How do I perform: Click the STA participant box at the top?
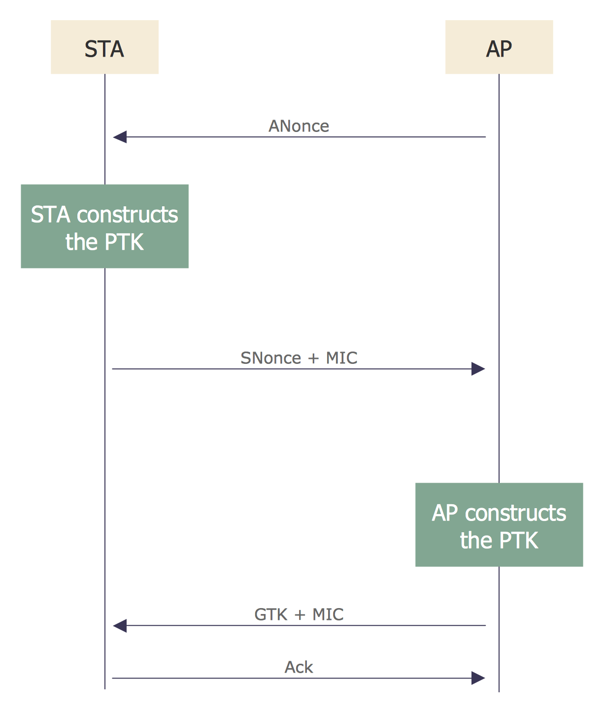[104, 47]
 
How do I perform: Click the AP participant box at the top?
[499, 47]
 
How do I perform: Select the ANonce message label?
[299, 126]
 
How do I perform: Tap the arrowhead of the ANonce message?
[120, 137]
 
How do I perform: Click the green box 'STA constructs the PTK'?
[104, 227]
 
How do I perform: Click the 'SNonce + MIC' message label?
[299, 358]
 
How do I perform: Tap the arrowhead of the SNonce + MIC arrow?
[478, 369]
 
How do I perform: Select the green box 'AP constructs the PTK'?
[499, 525]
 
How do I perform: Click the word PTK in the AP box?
[519, 541]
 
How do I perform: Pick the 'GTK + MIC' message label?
[299, 615]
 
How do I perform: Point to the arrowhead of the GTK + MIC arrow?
[120, 626]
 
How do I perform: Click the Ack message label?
[299, 667]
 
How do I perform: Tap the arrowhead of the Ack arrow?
[478, 678]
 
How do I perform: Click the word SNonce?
[270, 358]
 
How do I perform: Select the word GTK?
[270, 615]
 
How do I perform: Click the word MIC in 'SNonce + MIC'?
[341, 358]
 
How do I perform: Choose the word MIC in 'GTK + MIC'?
[328, 615]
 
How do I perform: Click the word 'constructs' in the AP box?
[516, 513]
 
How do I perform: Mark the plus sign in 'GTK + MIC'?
[300, 615]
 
